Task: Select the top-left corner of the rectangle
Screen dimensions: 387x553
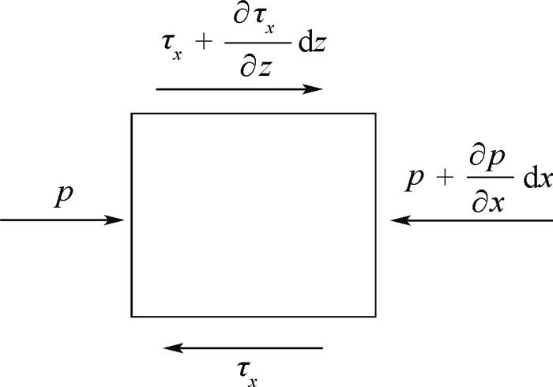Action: tap(131, 115)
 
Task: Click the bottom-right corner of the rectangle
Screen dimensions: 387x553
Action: tap(375, 317)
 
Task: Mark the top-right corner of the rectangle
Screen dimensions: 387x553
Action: tap(375, 115)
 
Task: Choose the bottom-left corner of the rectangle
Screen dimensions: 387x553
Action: tap(131, 317)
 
